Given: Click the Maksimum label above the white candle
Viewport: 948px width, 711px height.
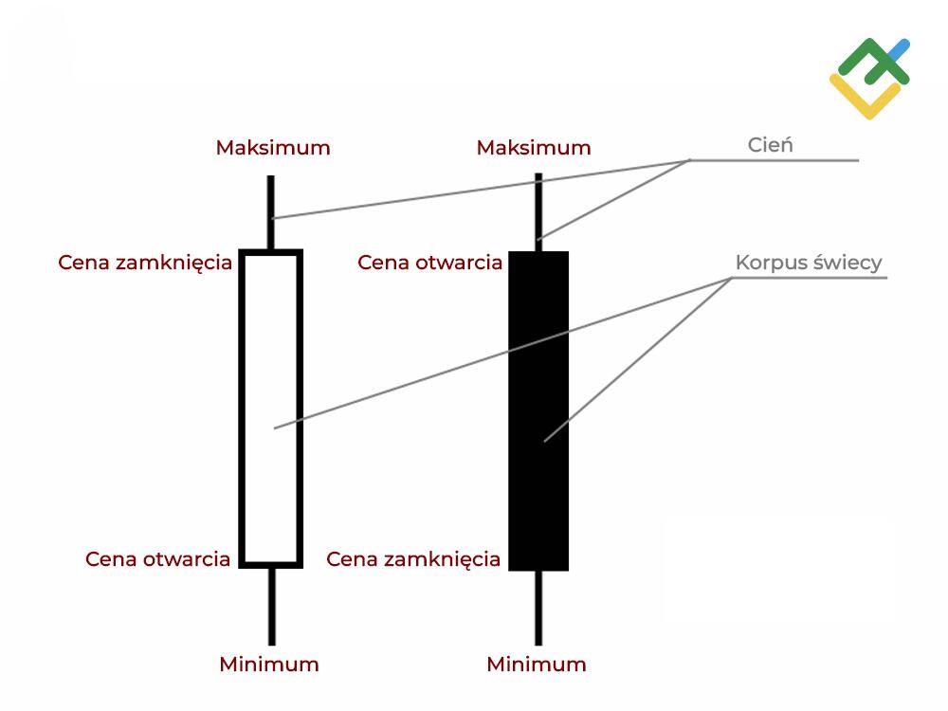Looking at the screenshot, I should [x=273, y=148].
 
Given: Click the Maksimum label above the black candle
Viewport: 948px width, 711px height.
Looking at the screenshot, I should [x=534, y=148].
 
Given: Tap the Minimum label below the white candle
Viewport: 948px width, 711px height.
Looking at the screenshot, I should [x=269, y=664].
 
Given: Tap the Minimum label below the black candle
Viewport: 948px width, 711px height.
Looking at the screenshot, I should [x=537, y=664].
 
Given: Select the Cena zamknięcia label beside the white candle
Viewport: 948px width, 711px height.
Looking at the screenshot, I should [x=145, y=263].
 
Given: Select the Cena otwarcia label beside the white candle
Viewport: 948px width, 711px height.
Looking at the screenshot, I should [x=157, y=558].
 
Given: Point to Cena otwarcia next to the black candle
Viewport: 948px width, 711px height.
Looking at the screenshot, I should [x=430, y=263].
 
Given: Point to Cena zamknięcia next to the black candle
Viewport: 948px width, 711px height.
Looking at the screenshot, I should [x=413, y=559].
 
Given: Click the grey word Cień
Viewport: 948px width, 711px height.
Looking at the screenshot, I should [x=770, y=145].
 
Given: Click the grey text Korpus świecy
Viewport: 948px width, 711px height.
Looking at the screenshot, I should [x=809, y=263].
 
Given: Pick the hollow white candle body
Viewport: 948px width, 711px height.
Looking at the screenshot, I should [x=270, y=474].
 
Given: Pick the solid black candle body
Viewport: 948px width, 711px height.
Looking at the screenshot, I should [x=538, y=493].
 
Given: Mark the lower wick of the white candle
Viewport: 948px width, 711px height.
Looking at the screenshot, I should [x=270, y=607].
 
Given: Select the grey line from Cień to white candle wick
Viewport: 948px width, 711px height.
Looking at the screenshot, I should [x=474, y=190].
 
